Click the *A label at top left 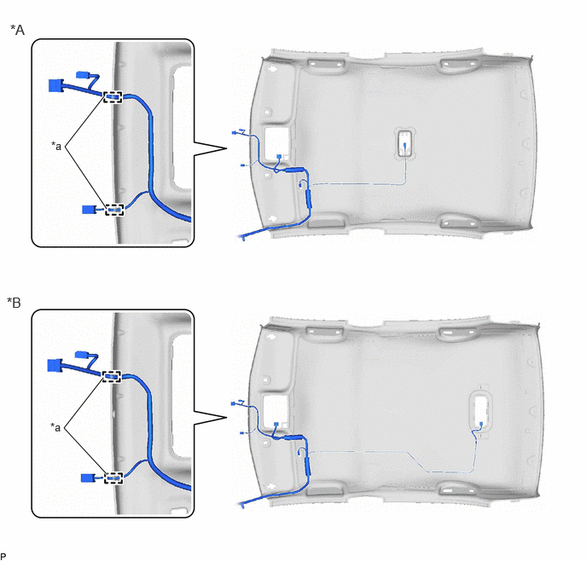[18, 30]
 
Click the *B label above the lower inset [15, 303]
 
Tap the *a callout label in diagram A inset [56, 146]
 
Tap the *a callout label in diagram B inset [55, 427]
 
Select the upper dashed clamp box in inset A [113, 97]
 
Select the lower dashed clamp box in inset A [114, 210]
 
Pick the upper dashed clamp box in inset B [112, 377]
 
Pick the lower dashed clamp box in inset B [113, 477]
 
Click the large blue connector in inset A [56, 85]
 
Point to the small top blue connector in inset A [83, 75]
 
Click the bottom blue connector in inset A [89, 210]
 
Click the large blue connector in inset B [55, 366]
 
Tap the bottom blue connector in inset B [88, 478]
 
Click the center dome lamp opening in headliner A [405, 142]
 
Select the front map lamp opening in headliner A [277, 143]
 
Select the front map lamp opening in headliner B [276, 412]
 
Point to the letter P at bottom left [3, 556]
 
